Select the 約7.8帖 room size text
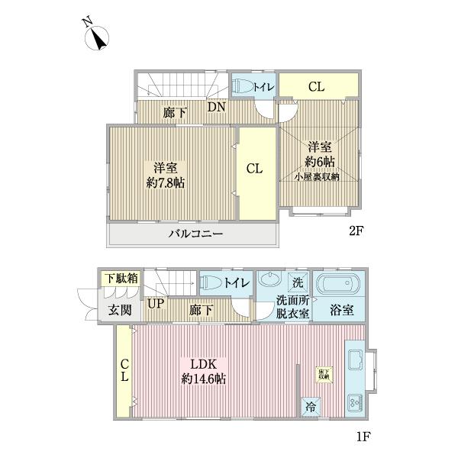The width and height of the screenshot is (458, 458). point(165,182)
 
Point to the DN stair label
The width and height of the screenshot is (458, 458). point(216,108)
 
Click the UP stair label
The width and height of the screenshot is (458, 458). point(155,304)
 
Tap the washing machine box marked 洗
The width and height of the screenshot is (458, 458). point(297,280)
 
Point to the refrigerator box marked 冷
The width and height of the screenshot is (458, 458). point(311,407)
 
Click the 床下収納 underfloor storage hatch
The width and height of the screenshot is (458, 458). point(324,373)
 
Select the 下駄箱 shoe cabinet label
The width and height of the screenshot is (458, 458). point(121,278)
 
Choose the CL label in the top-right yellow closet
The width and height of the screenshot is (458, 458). point(317,86)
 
